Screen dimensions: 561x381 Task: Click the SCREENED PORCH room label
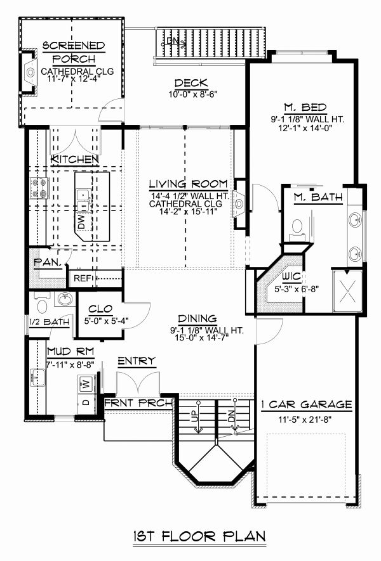tap(74, 52)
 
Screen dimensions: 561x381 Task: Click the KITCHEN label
tap(75, 158)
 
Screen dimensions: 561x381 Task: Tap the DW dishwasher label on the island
tap(81, 221)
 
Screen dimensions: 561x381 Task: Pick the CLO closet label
tap(100, 309)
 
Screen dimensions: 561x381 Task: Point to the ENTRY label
tap(137, 361)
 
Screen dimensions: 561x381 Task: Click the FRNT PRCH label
tap(138, 403)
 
